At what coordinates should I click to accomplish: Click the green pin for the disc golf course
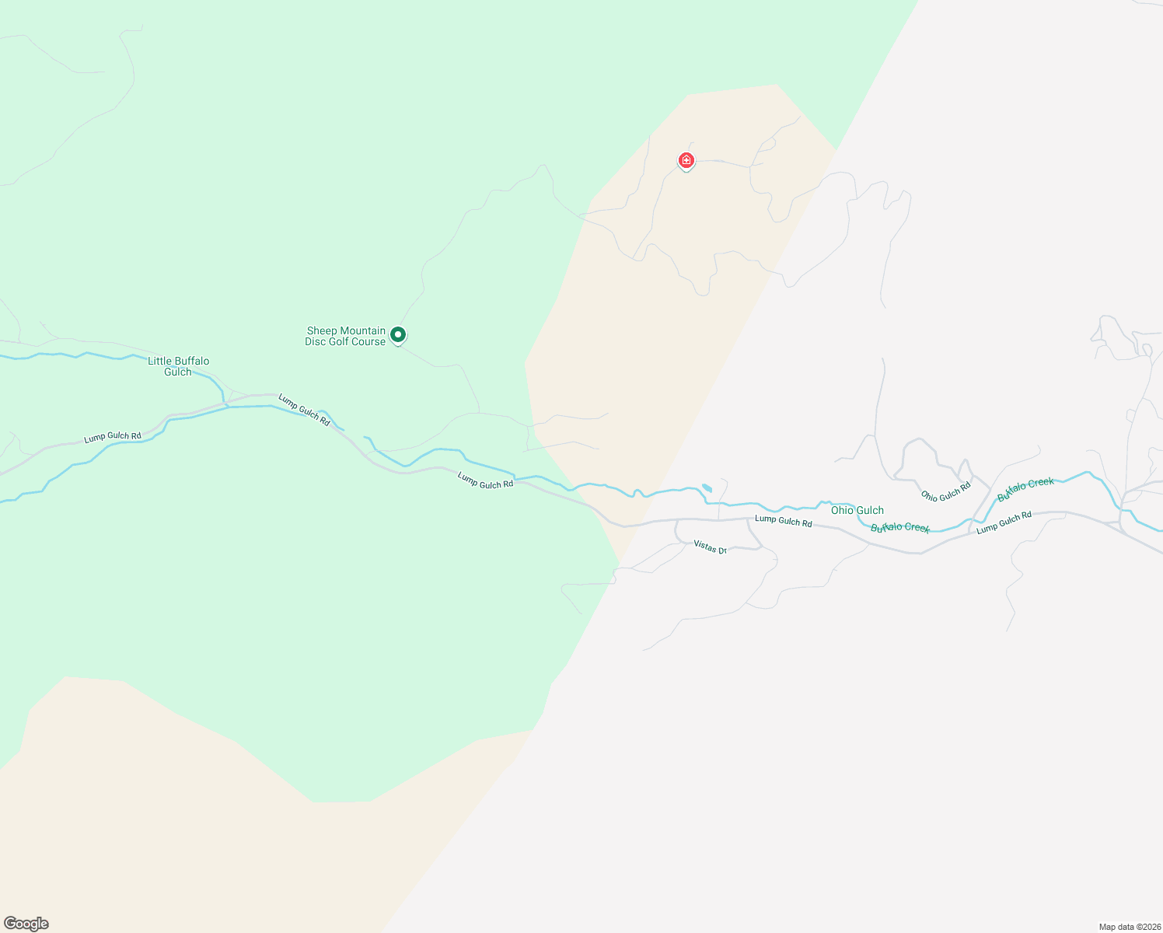tap(397, 335)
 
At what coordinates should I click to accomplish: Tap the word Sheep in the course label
tap(323, 330)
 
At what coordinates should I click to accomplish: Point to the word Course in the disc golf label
tap(368, 341)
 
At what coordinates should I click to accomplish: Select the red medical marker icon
tap(686, 160)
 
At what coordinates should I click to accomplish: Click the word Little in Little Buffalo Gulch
tap(161, 361)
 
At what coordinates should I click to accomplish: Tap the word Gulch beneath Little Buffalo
tap(178, 372)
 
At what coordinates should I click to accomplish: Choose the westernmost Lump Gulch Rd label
tap(113, 437)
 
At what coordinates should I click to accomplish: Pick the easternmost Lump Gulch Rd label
tap(1004, 522)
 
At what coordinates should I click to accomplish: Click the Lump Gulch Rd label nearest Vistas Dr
tap(783, 520)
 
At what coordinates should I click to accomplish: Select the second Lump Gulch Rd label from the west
tap(304, 411)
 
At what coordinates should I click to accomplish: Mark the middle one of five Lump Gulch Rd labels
tap(485, 480)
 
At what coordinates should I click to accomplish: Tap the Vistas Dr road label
tap(710, 547)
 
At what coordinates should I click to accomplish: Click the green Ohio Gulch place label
tap(857, 510)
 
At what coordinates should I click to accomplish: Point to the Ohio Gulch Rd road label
tap(946, 491)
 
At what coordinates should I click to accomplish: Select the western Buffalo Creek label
tap(900, 528)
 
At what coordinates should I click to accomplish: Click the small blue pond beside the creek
tap(707, 488)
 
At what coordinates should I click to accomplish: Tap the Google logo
tap(26, 924)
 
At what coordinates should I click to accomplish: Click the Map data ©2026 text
tap(1129, 927)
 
